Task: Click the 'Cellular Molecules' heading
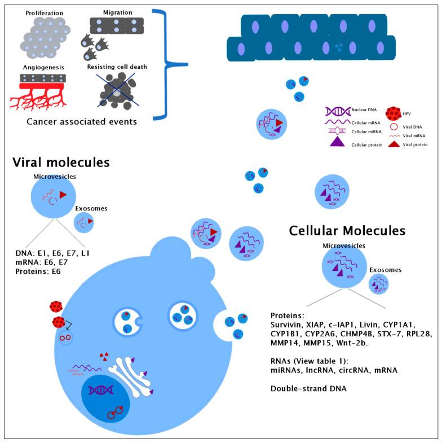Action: click(x=347, y=230)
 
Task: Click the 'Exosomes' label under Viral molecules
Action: click(x=91, y=208)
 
